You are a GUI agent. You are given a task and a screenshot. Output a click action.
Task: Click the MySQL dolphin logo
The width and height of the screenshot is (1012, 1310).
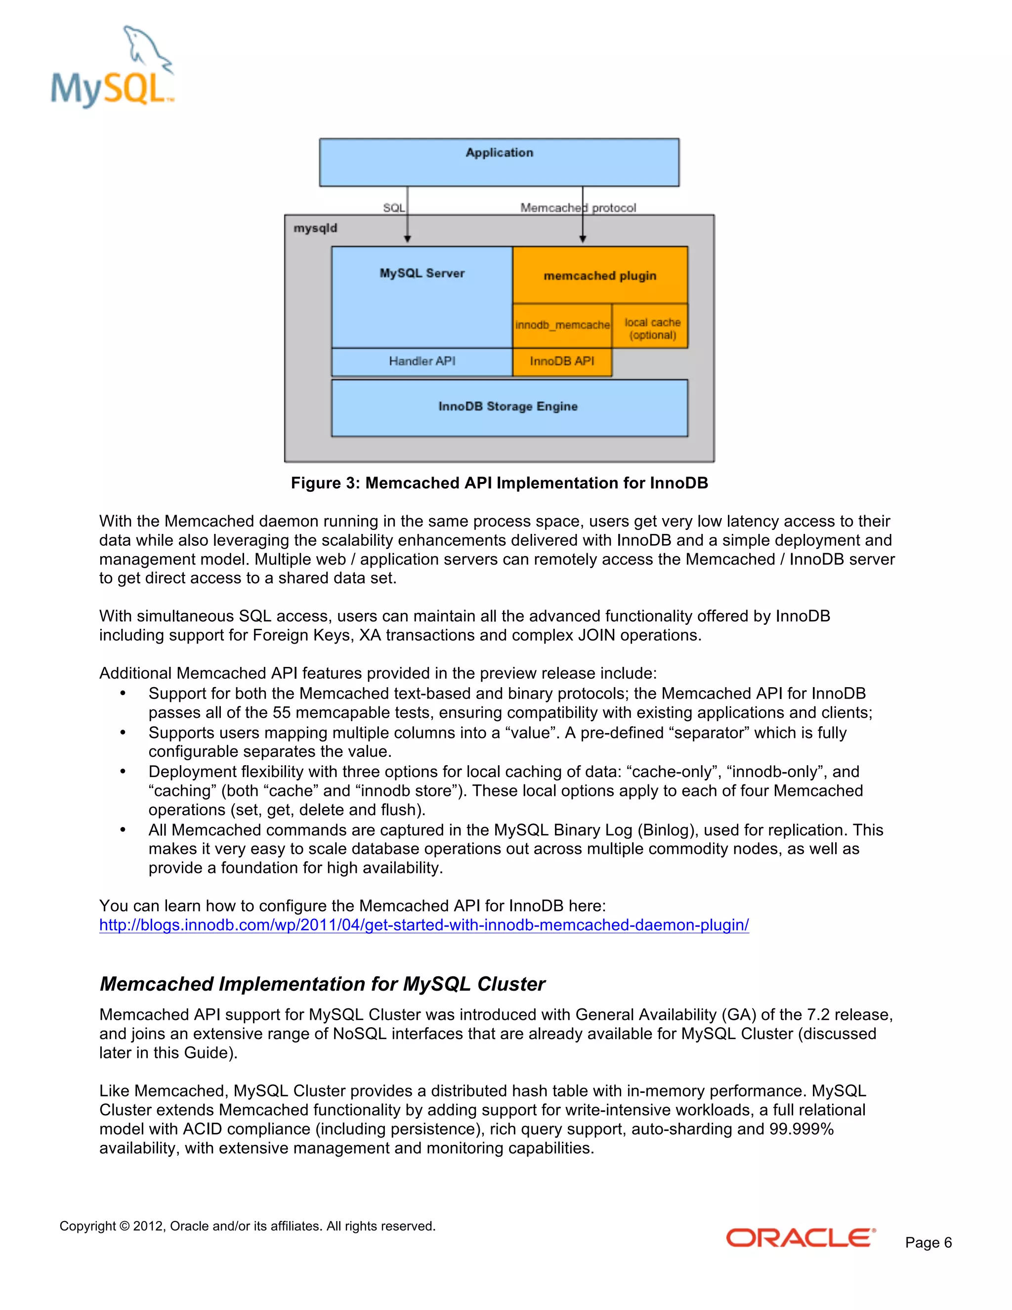coord(112,67)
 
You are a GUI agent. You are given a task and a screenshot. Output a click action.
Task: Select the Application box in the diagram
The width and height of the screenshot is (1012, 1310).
coord(499,162)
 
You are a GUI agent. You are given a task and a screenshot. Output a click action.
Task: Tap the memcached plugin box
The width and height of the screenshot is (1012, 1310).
coord(599,275)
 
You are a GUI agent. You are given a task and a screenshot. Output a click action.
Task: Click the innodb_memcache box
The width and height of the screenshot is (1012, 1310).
coord(562,325)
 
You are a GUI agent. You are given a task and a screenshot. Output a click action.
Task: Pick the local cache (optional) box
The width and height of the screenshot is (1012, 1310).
coord(652,328)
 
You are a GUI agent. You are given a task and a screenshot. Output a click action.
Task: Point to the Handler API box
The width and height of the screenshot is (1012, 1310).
coord(422,361)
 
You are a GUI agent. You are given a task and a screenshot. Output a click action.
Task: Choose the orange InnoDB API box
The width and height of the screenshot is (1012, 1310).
coord(562,361)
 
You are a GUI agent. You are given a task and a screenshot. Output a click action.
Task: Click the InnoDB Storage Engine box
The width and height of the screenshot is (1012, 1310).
coord(508,407)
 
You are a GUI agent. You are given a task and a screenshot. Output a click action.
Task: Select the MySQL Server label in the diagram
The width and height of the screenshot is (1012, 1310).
coord(422,273)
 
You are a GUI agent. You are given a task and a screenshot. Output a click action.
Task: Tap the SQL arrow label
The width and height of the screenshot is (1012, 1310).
coord(393,208)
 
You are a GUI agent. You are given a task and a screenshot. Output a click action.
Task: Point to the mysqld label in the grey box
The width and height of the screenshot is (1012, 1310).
coord(315,228)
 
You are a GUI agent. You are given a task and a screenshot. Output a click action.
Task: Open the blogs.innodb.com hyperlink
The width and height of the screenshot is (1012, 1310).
coord(424,925)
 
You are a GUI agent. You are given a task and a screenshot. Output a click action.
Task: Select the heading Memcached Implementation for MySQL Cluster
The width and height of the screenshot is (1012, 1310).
coord(322,984)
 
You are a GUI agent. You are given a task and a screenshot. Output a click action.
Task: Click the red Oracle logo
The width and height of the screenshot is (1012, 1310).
coord(801,1237)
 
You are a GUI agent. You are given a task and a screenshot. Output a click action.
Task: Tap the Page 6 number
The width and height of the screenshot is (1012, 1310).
coord(928,1242)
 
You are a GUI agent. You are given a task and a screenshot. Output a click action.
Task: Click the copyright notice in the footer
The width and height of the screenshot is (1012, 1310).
coord(247,1226)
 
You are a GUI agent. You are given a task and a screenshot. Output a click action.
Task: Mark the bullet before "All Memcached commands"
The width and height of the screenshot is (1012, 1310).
coord(123,830)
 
